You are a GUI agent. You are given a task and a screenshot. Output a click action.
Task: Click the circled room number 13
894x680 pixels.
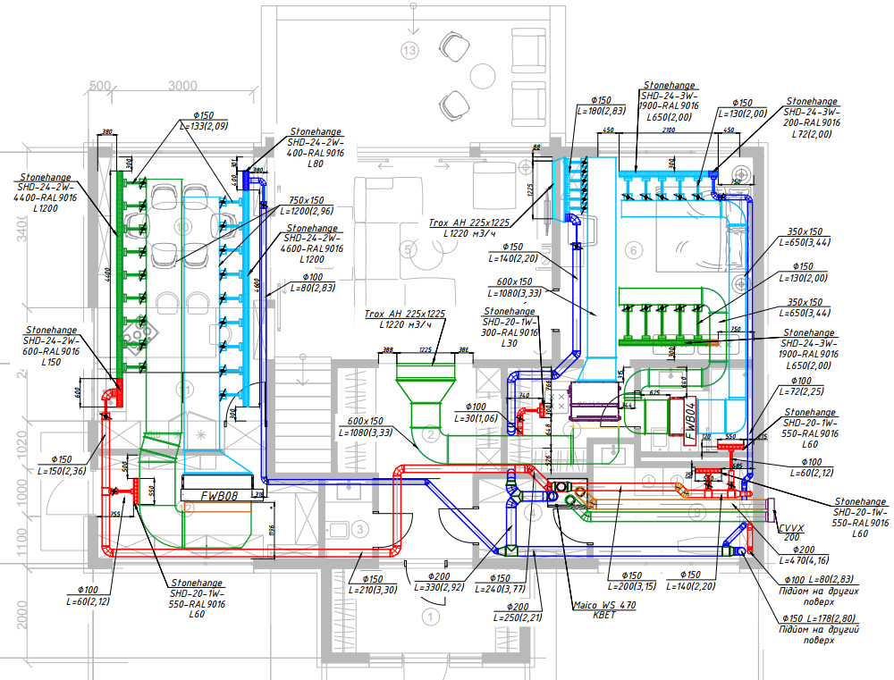pyautogui.click(x=410, y=50)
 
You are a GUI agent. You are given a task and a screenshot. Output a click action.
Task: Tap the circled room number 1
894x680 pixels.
pyautogui.click(x=432, y=616)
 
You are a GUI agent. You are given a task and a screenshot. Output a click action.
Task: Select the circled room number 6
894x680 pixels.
pyautogui.click(x=634, y=251)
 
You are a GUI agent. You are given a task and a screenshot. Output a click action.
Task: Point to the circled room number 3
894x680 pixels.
pyautogui.click(x=359, y=529)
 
